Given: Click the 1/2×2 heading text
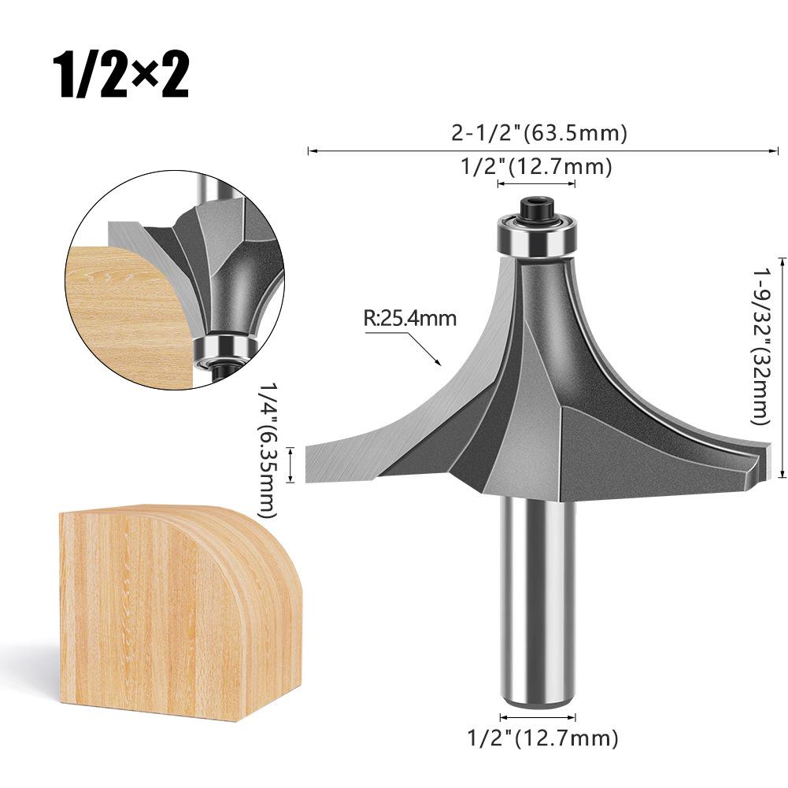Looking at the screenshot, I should point(120,76).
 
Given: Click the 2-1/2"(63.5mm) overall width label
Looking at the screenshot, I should point(539,133).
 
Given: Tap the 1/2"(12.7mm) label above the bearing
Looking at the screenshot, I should point(535,167).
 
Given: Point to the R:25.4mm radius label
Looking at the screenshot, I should point(409,319).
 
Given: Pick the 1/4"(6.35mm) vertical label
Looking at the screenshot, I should point(268,449).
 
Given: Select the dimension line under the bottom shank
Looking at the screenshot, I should point(538,716).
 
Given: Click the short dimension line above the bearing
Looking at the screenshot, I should point(536,184).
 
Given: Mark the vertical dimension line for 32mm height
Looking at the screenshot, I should point(781,366).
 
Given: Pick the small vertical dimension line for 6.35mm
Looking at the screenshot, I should point(293,464).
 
